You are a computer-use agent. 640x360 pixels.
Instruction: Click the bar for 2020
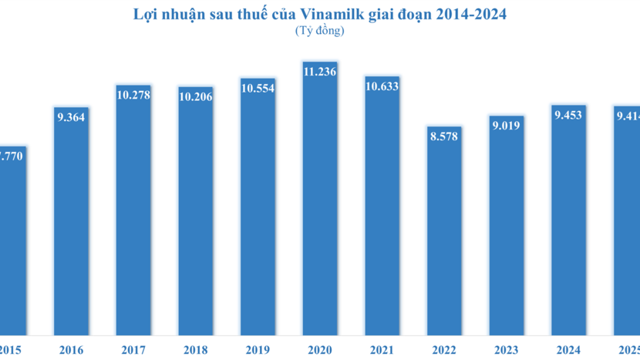click(x=320, y=208)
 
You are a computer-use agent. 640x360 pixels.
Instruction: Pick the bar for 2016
click(x=71, y=231)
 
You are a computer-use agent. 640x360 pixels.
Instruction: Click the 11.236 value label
click(x=320, y=71)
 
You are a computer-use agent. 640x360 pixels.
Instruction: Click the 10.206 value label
click(x=195, y=96)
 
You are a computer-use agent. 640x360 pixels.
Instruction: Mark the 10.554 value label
click(x=258, y=88)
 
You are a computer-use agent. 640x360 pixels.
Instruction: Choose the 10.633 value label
click(x=382, y=86)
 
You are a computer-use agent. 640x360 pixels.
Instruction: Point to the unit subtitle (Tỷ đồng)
click(x=319, y=31)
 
